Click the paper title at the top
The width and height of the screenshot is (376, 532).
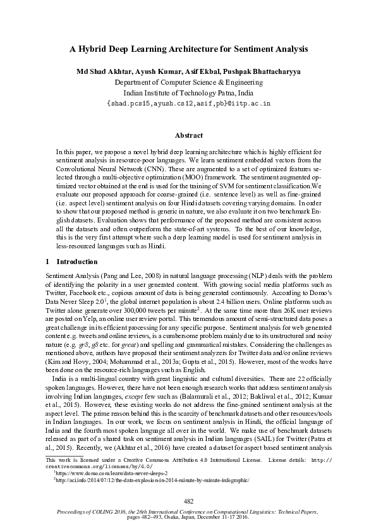tap(188, 48)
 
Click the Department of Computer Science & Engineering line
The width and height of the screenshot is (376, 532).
tap(188, 82)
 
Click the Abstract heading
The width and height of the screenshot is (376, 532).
tap(188, 135)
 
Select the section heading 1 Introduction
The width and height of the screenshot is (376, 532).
tap(71, 261)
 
